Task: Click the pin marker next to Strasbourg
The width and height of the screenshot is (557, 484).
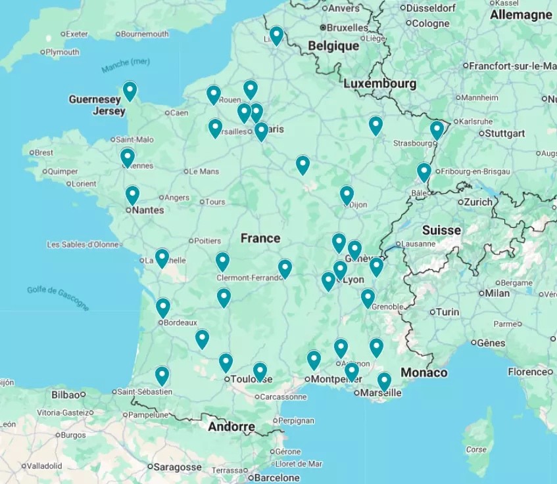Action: [437, 130]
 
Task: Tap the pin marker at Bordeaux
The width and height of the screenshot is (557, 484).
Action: [162, 307]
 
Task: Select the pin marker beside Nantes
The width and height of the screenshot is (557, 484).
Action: [132, 195]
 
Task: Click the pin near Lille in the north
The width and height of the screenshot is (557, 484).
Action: [276, 35]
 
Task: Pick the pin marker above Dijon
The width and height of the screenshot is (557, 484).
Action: [347, 195]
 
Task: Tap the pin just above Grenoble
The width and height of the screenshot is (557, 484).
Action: [368, 298]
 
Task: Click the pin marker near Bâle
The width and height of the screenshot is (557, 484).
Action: [424, 172]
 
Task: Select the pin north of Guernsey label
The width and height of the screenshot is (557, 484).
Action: [130, 91]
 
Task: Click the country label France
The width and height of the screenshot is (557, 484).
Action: [260, 238]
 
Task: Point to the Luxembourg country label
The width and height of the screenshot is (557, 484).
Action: [379, 83]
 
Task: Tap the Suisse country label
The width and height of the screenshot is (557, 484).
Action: [441, 230]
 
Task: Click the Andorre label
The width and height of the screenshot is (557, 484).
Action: [231, 427]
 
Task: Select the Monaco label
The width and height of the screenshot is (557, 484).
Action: [424, 372]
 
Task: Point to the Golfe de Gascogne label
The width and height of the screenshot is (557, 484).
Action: [58, 298]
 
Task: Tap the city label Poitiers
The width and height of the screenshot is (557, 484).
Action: [206, 240]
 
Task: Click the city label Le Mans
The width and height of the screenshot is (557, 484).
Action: [203, 171]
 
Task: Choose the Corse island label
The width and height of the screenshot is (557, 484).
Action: [476, 450]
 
